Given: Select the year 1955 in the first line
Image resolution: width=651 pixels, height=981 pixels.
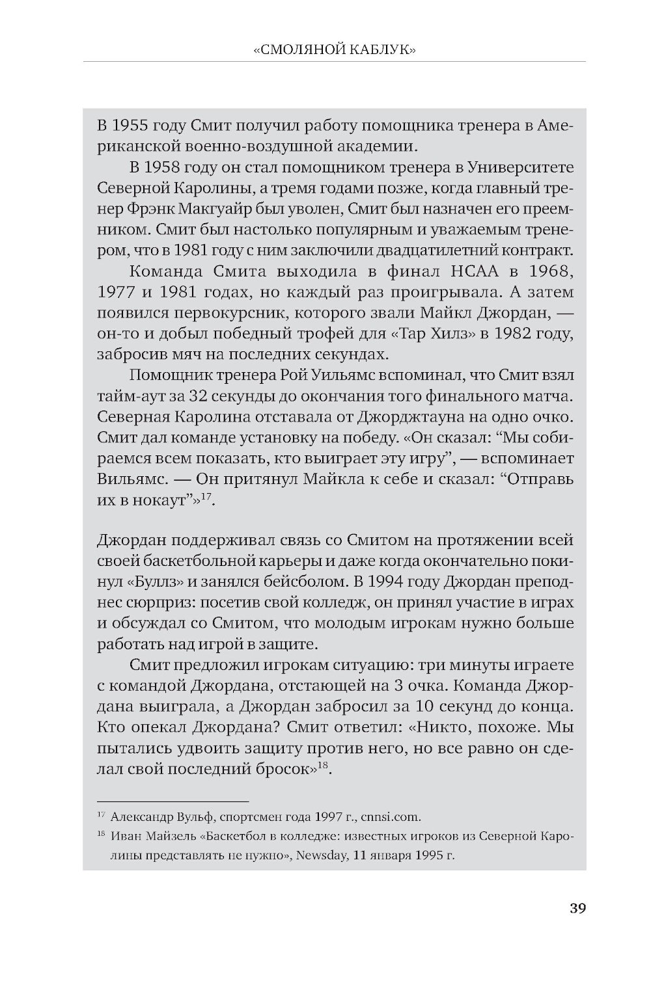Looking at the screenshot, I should click(x=130, y=126).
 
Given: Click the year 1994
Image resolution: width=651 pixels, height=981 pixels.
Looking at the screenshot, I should click(x=415, y=582).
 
